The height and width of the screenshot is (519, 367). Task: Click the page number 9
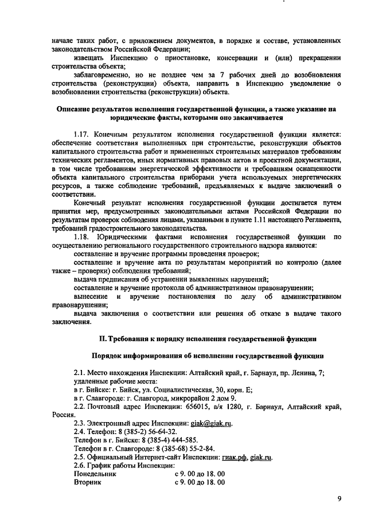tap(339, 499)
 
